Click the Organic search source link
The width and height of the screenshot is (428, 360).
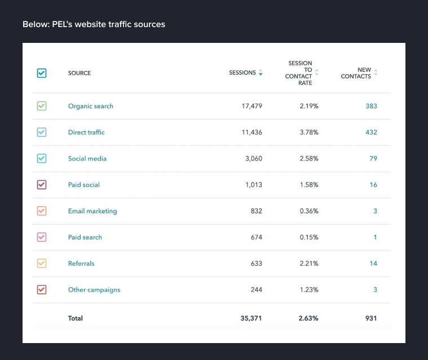90,106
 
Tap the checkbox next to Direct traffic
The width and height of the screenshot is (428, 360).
42,132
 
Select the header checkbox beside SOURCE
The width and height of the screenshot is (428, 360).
42,73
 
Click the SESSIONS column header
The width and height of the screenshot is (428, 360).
242,73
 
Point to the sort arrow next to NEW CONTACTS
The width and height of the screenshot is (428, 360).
376,73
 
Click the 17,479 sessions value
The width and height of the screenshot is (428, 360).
251,106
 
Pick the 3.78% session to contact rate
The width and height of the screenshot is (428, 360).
308,132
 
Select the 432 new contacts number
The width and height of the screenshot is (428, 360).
371,132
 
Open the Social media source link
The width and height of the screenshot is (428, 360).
87,159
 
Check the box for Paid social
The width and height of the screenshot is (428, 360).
42,185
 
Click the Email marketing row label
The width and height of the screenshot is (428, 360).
92,211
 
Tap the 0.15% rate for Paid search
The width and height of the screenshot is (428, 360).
308,237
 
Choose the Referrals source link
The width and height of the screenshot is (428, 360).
81,264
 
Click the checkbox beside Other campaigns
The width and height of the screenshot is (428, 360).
42,289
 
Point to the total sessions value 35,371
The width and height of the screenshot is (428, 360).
251,318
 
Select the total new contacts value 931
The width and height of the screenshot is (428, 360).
371,318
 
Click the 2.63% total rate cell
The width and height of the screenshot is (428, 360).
308,318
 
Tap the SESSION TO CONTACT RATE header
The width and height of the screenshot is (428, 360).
299,73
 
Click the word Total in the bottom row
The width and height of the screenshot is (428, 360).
76,318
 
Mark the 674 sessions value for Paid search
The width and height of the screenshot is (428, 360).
257,237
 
